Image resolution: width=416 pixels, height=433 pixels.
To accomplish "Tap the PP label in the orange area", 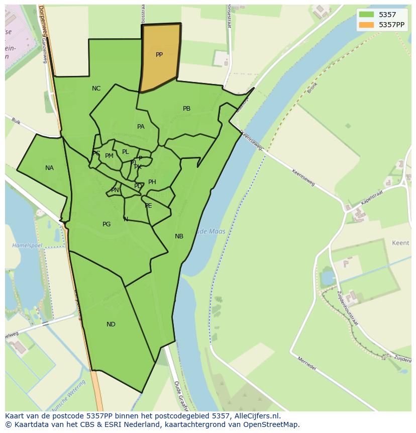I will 159,55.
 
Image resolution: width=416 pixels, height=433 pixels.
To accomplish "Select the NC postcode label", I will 96,89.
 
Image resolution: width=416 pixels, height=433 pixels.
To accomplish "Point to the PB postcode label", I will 186,109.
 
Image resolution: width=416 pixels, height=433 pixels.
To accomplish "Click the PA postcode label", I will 141,127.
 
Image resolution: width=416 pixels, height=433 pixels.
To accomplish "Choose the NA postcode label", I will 49,168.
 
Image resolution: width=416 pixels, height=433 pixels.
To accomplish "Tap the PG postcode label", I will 107,224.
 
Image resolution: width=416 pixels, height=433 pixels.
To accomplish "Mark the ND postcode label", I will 111,324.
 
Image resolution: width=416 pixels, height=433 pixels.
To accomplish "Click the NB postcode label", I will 179,236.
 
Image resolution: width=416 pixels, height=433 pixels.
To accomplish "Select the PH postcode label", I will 152,182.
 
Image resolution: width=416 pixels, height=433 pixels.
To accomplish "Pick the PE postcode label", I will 148,206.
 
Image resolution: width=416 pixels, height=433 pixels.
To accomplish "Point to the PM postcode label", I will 109,156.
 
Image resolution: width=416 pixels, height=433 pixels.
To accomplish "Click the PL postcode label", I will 126,152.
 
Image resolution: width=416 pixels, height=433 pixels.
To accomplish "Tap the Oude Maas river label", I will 210,231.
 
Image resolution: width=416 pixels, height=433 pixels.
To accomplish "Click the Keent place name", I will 400,243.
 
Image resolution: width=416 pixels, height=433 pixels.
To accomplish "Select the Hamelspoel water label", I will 27,245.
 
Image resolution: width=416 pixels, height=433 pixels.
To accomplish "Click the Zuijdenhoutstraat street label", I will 348,307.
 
